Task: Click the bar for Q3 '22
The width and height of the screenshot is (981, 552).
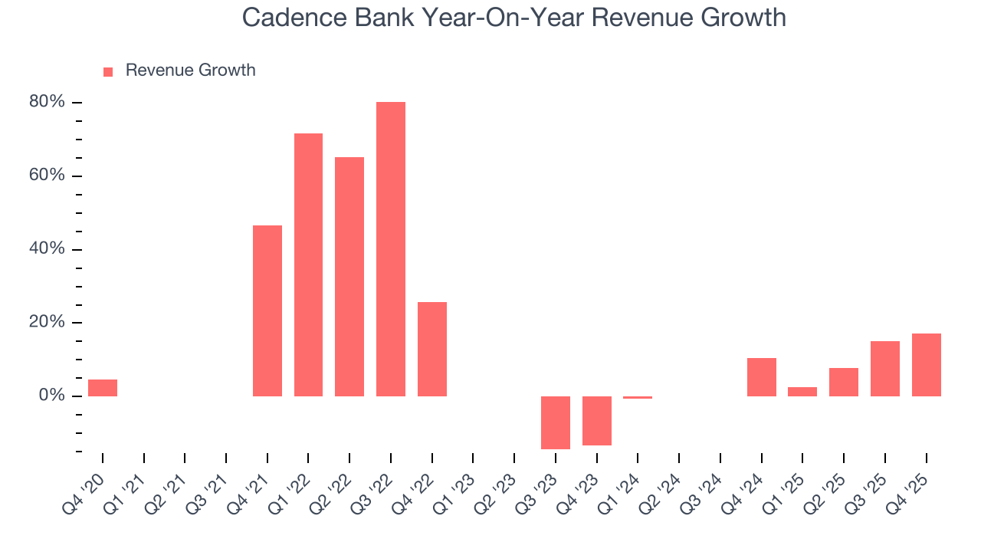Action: click(x=390, y=249)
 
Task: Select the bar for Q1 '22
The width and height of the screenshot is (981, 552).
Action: click(x=308, y=264)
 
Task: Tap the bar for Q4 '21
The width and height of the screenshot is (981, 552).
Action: click(x=267, y=310)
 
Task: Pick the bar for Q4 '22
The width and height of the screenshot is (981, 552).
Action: click(x=431, y=349)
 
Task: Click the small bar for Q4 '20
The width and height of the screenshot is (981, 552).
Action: click(x=103, y=388)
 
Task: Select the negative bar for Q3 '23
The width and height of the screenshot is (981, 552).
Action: click(x=555, y=422)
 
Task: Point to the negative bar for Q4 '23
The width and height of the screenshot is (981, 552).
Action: click(x=596, y=420)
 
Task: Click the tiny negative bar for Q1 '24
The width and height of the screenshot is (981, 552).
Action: click(x=638, y=397)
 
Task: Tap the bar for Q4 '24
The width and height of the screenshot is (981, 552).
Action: click(x=761, y=376)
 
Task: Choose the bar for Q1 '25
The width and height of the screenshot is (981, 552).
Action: click(x=802, y=391)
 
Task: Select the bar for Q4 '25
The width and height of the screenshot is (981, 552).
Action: click(x=926, y=365)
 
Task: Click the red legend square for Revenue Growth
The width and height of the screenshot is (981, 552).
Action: click(x=108, y=72)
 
